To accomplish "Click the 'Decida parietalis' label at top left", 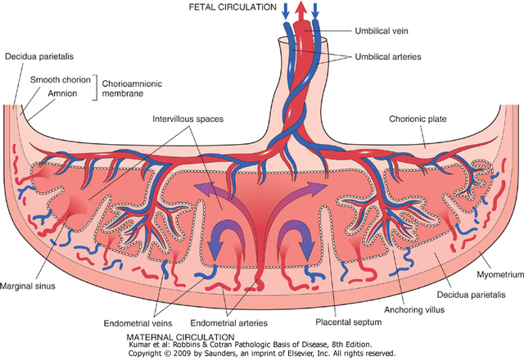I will (38, 57).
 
